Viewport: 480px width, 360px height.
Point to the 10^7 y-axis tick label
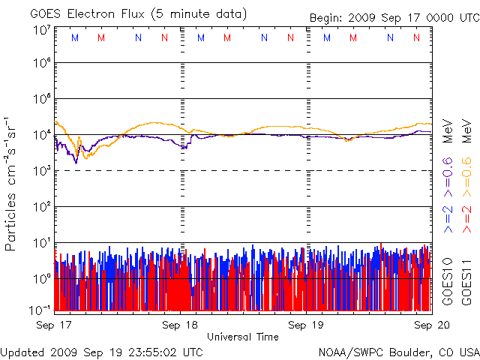pos(42,31)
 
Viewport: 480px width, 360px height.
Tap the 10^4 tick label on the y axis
pos(42,135)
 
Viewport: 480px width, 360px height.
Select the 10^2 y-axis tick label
pos(42,207)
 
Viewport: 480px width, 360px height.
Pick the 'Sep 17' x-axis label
pos(54,325)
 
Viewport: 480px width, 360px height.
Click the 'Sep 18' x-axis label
pos(181,325)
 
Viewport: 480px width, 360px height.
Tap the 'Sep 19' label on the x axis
pos(307,325)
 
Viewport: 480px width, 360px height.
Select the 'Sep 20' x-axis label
pos(433,325)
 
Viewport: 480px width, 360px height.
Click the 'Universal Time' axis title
pos(242,337)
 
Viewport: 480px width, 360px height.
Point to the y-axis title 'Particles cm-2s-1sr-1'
pos(12,183)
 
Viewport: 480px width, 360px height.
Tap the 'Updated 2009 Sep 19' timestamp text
pos(102,352)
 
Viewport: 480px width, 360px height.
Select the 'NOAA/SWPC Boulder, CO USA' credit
pos(398,352)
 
